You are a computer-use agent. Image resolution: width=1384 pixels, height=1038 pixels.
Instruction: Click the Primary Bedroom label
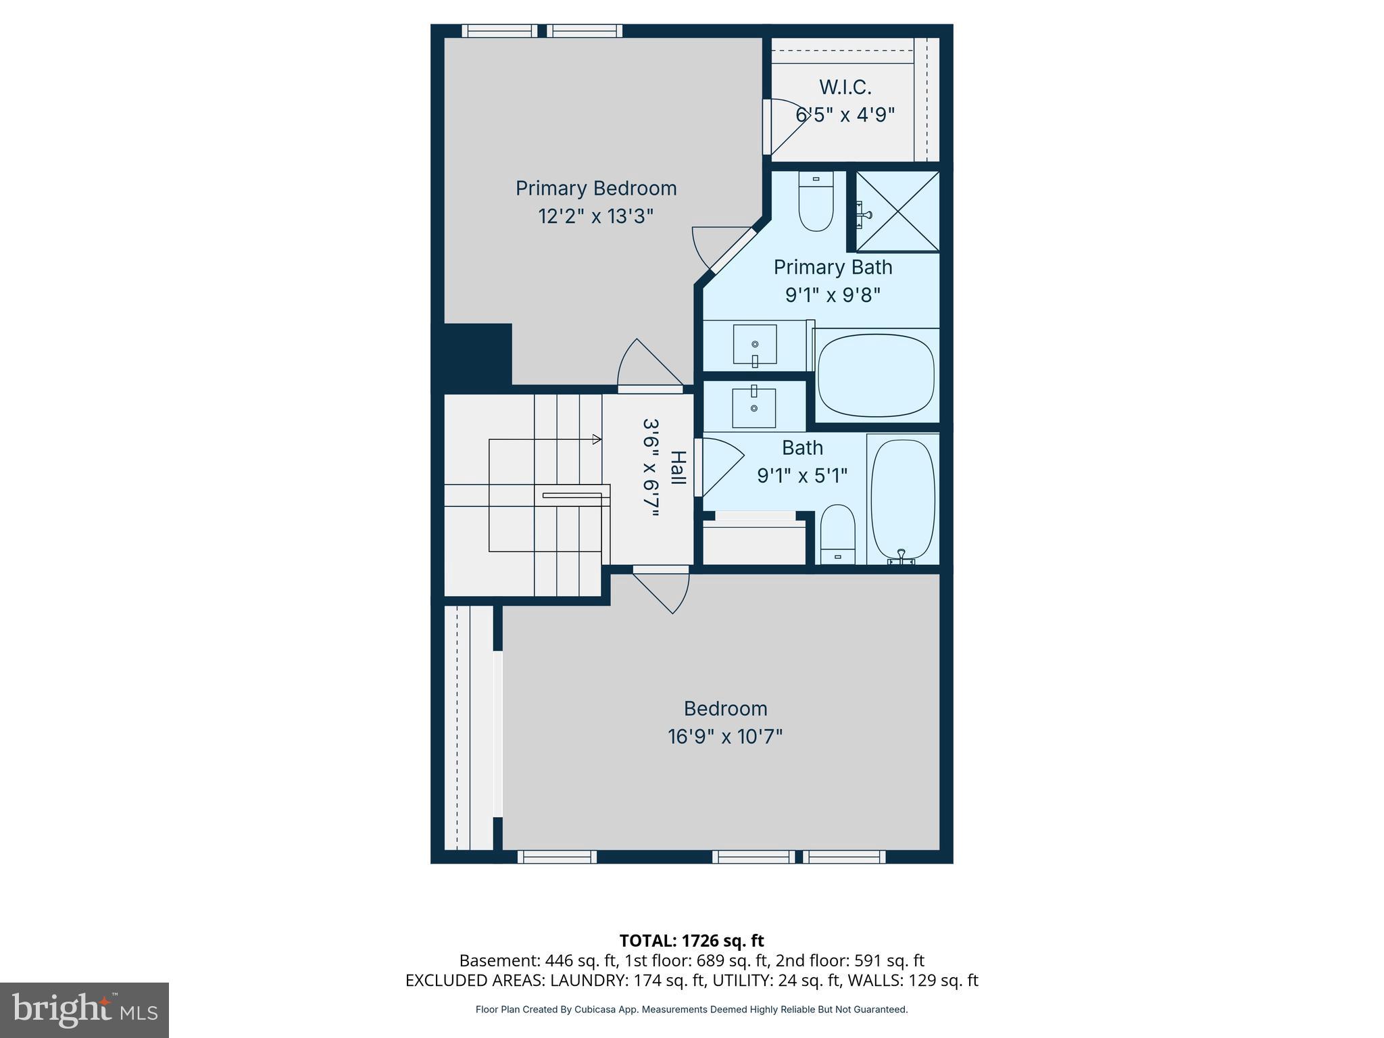(595, 189)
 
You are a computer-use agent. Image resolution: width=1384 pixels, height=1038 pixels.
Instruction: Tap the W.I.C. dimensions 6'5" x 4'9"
(845, 115)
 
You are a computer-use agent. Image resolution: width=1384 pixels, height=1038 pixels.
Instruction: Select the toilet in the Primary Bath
(816, 201)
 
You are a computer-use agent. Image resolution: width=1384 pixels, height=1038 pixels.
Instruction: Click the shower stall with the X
(898, 212)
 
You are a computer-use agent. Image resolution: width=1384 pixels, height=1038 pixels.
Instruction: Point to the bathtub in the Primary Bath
(876, 374)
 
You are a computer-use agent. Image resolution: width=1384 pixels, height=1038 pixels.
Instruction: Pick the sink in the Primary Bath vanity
(755, 345)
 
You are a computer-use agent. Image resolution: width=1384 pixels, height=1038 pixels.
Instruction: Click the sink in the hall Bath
(754, 407)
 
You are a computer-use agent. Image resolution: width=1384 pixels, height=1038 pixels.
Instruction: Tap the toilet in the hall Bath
(837, 534)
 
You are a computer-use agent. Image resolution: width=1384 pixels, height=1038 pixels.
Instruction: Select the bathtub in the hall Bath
(902, 499)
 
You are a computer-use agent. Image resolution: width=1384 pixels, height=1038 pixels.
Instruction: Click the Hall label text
(678, 468)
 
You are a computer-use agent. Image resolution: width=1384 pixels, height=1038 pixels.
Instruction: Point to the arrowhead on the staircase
(597, 439)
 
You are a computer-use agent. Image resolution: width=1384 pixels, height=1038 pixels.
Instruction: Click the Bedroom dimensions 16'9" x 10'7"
(725, 737)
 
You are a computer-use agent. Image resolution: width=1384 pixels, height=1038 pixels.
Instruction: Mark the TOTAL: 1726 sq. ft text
(691, 940)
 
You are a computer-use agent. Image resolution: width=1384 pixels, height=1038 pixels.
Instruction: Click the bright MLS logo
(84, 1010)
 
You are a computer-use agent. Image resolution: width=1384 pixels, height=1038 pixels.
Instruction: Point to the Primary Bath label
(833, 268)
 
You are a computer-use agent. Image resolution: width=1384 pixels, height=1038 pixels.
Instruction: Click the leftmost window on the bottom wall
(557, 857)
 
